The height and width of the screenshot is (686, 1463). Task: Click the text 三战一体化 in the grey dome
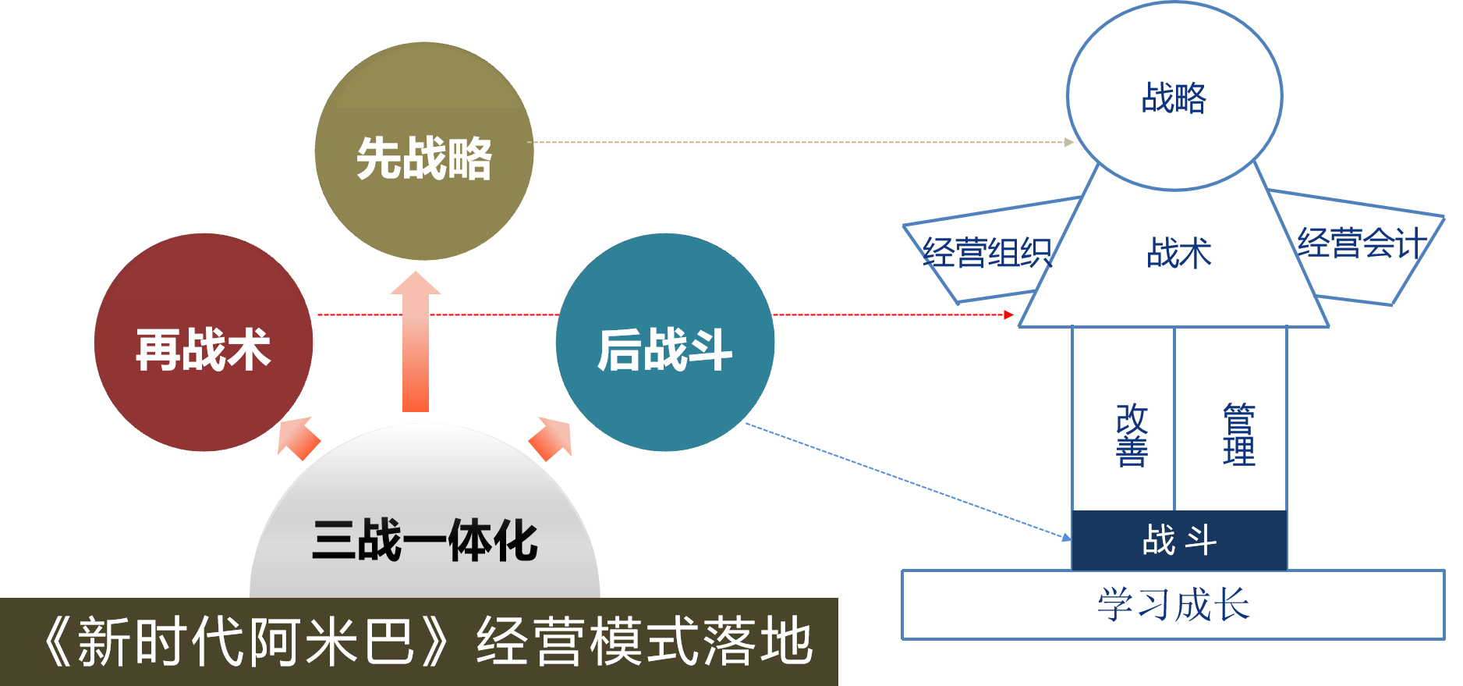[x=425, y=540]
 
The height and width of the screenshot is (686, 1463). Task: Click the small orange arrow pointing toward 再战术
[x=298, y=437]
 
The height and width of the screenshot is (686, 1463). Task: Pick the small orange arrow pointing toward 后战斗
[x=552, y=437]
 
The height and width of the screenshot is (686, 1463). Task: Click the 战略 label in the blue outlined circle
[x=1174, y=98]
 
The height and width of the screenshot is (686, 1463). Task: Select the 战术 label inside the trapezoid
[x=1178, y=253]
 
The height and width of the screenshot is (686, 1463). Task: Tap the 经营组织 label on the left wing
[x=987, y=252]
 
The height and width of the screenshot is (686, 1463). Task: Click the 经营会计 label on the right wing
[x=1362, y=243]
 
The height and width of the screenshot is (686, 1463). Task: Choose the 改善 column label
[x=1132, y=435]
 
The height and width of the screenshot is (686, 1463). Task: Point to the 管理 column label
[x=1239, y=435]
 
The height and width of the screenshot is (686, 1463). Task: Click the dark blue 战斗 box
[x=1179, y=540]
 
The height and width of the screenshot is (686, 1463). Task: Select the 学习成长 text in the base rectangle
[x=1173, y=605]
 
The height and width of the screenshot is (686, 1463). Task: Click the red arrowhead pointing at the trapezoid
[x=1009, y=315]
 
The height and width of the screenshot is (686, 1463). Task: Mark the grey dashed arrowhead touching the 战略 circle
[x=1070, y=142]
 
